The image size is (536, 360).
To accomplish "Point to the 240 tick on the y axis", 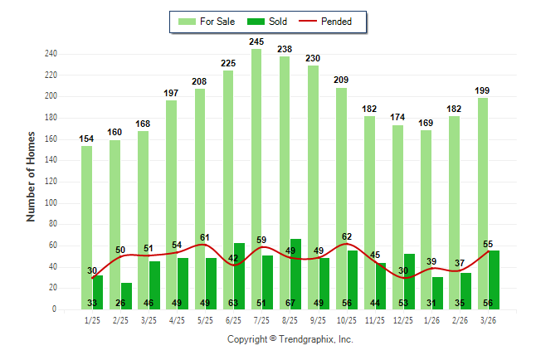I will [51, 54].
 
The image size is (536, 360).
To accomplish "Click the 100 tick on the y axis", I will [51, 202].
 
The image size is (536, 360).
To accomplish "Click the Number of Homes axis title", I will [32, 176].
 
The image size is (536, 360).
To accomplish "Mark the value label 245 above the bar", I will [256, 41].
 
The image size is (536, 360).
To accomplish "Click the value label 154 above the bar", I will [86, 139].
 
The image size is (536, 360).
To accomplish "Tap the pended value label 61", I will [205, 237].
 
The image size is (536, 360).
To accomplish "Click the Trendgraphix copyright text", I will [290, 339].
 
